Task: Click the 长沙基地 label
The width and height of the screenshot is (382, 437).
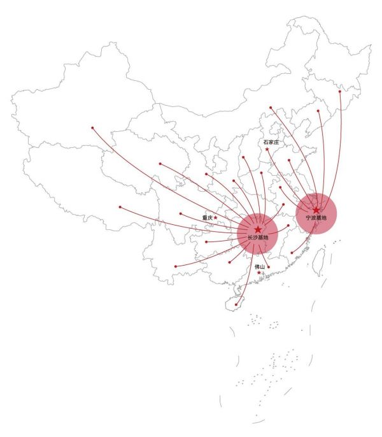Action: point(258,238)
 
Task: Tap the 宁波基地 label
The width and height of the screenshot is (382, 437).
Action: point(316,218)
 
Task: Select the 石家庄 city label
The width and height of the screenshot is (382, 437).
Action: point(271,142)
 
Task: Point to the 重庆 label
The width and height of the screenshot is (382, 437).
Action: point(208,218)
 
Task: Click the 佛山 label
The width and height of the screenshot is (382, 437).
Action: point(260,267)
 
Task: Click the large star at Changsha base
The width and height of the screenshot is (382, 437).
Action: point(258,229)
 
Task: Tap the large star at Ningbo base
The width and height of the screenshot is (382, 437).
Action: point(316,210)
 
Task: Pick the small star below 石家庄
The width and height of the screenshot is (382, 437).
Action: point(267,149)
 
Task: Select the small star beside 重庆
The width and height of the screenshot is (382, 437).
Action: point(215,217)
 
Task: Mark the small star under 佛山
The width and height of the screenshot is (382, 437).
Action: point(259,273)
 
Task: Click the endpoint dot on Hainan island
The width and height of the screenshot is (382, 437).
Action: point(236,304)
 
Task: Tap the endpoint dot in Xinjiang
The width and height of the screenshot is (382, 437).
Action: point(92,128)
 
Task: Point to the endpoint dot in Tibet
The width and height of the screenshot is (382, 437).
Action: point(120,207)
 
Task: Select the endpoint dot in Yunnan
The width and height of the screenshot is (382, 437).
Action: point(176,266)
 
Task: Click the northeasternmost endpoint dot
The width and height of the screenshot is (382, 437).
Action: point(340,92)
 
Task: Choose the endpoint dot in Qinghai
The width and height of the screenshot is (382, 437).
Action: point(160,164)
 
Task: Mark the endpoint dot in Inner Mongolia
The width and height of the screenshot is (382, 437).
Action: point(271,107)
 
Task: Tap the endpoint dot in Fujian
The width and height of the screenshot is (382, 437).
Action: point(292,253)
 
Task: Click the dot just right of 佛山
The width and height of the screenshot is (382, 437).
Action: point(269,267)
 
